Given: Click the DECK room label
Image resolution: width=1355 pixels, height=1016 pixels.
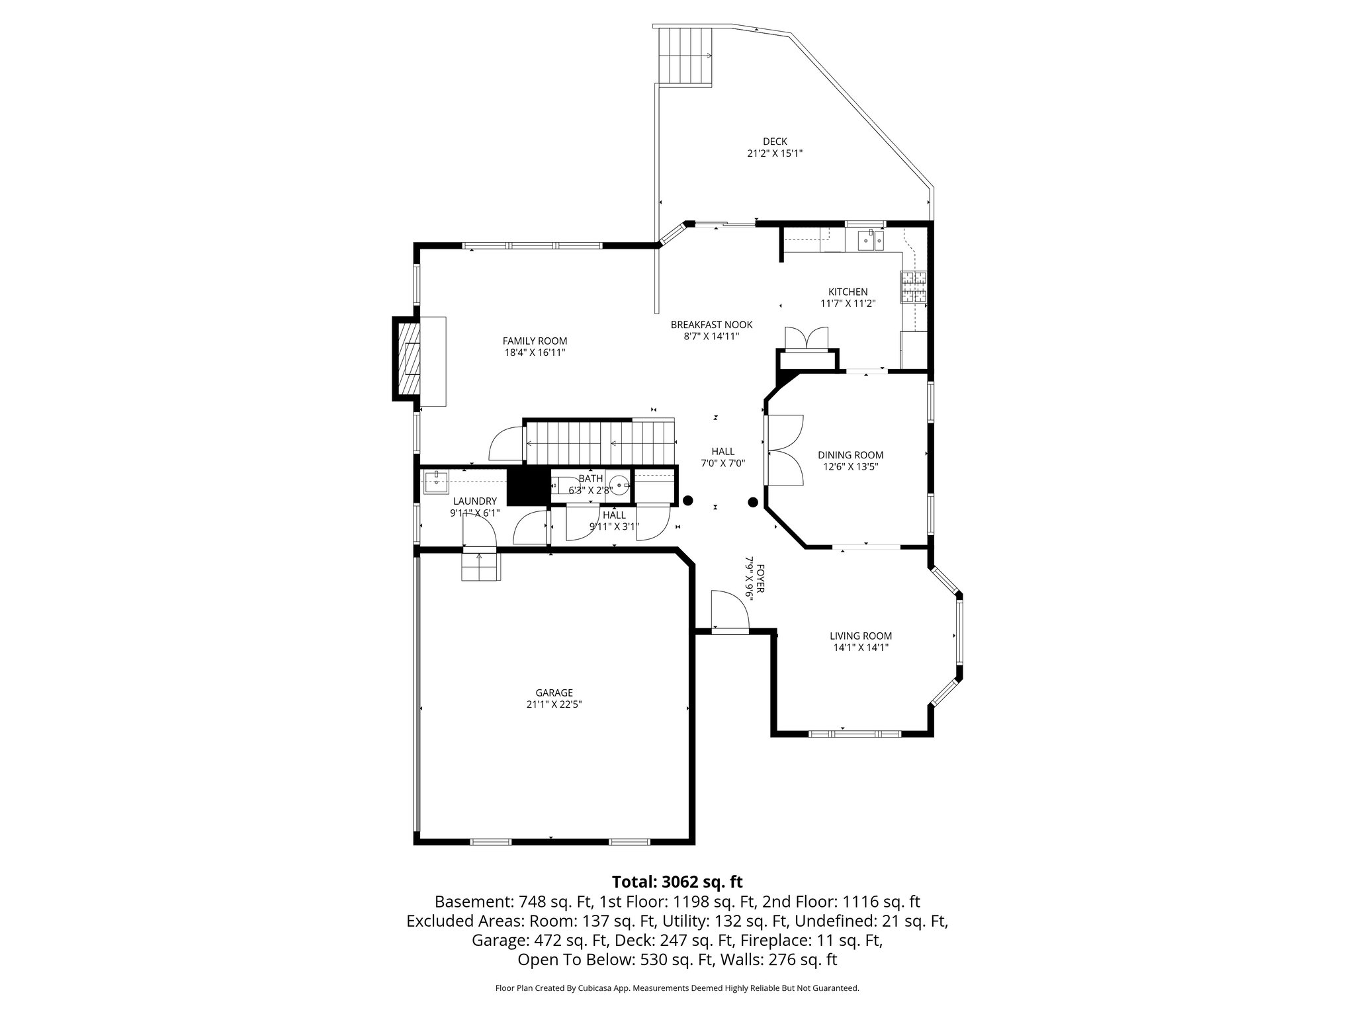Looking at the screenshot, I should [x=774, y=141].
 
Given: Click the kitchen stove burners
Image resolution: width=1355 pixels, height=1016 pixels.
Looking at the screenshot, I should [x=914, y=288].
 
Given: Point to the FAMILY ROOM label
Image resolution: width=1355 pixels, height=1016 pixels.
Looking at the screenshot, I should [x=535, y=341].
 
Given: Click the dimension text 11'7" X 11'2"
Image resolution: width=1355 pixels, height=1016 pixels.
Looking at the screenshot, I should [x=848, y=304].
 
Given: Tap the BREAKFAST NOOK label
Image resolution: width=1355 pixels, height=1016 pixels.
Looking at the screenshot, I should [x=711, y=325].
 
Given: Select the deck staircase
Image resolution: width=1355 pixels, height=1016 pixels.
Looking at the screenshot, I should [x=685, y=58].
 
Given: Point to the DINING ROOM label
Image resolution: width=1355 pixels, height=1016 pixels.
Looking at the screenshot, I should [x=850, y=455].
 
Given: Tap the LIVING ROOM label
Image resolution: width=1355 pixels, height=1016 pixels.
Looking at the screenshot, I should [x=861, y=636].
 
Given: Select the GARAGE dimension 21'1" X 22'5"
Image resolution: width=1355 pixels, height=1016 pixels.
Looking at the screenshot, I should [x=554, y=705].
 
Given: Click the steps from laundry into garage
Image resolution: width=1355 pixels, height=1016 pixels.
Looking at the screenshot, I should [x=480, y=566].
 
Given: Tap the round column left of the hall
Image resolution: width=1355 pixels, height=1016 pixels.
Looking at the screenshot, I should [x=688, y=501].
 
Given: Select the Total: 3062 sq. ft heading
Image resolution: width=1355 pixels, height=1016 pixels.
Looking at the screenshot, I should [x=677, y=882].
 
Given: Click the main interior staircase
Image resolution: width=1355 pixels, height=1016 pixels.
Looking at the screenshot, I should [x=599, y=443].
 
